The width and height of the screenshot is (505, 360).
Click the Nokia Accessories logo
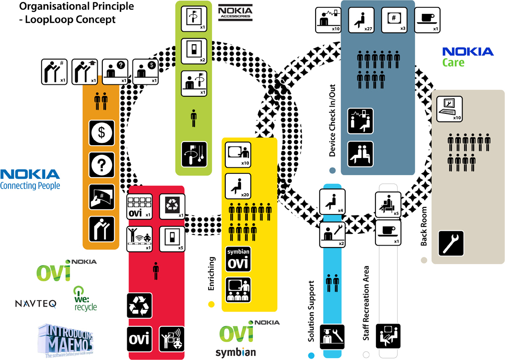[x=235, y=12]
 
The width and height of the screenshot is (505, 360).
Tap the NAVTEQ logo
[x=35, y=303]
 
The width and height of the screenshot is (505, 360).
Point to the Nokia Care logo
[x=467, y=57]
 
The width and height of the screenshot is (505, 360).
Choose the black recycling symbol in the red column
[x=139, y=306]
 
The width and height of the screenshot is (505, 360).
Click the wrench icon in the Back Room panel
[x=451, y=243]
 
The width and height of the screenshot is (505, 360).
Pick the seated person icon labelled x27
[x=361, y=20]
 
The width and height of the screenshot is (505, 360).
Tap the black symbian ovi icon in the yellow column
[x=238, y=259]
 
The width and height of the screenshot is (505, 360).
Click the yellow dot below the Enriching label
[x=211, y=304]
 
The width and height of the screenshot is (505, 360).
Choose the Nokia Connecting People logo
[x=30, y=179]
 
